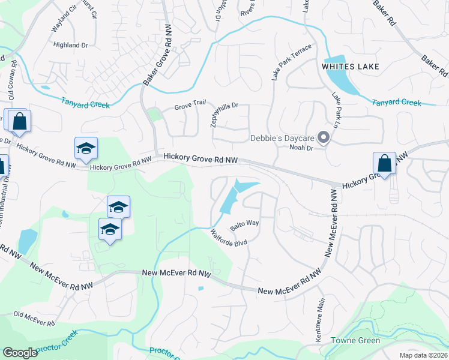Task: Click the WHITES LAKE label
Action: click(351, 67)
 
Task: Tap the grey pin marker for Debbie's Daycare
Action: click(324, 139)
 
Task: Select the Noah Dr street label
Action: click(301, 148)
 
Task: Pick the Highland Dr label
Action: click(70, 45)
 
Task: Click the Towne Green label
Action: click(355, 341)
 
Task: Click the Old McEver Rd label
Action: click(34, 317)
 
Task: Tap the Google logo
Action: click(20, 353)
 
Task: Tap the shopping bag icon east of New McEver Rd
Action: click(384, 163)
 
